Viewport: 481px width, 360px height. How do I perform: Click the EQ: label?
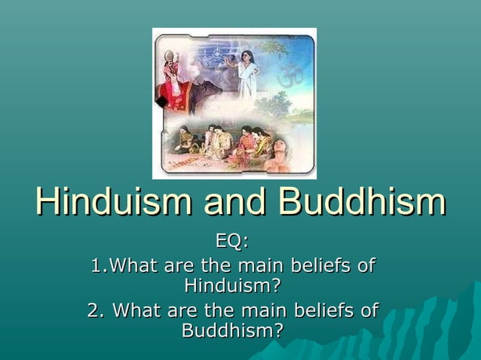pyautogui.click(x=231, y=242)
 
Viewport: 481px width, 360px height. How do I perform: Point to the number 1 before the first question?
pyautogui.click(x=95, y=266)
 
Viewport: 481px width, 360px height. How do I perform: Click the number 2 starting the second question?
pyautogui.click(x=93, y=310)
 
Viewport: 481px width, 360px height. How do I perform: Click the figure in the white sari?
pyautogui.click(x=247, y=75)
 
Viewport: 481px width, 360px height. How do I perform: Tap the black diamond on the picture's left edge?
pyautogui.click(x=161, y=101)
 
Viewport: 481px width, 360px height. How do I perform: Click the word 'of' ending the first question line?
pyautogui.click(x=365, y=266)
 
